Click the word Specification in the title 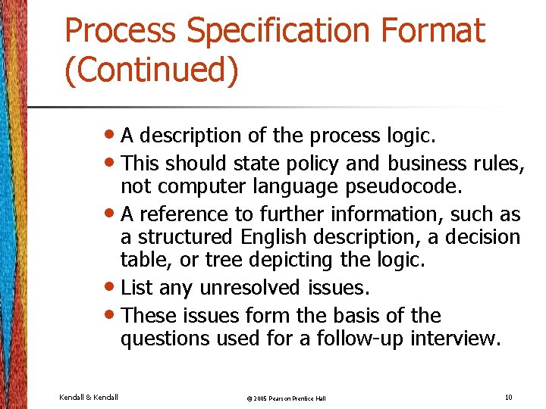(x=278, y=32)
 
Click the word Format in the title (x=433, y=32)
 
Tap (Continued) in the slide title (x=152, y=70)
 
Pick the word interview (x=455, y=338)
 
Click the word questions (x=165, y=338)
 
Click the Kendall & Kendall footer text (x=88, y=397)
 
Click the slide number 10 (x=508, y=397)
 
